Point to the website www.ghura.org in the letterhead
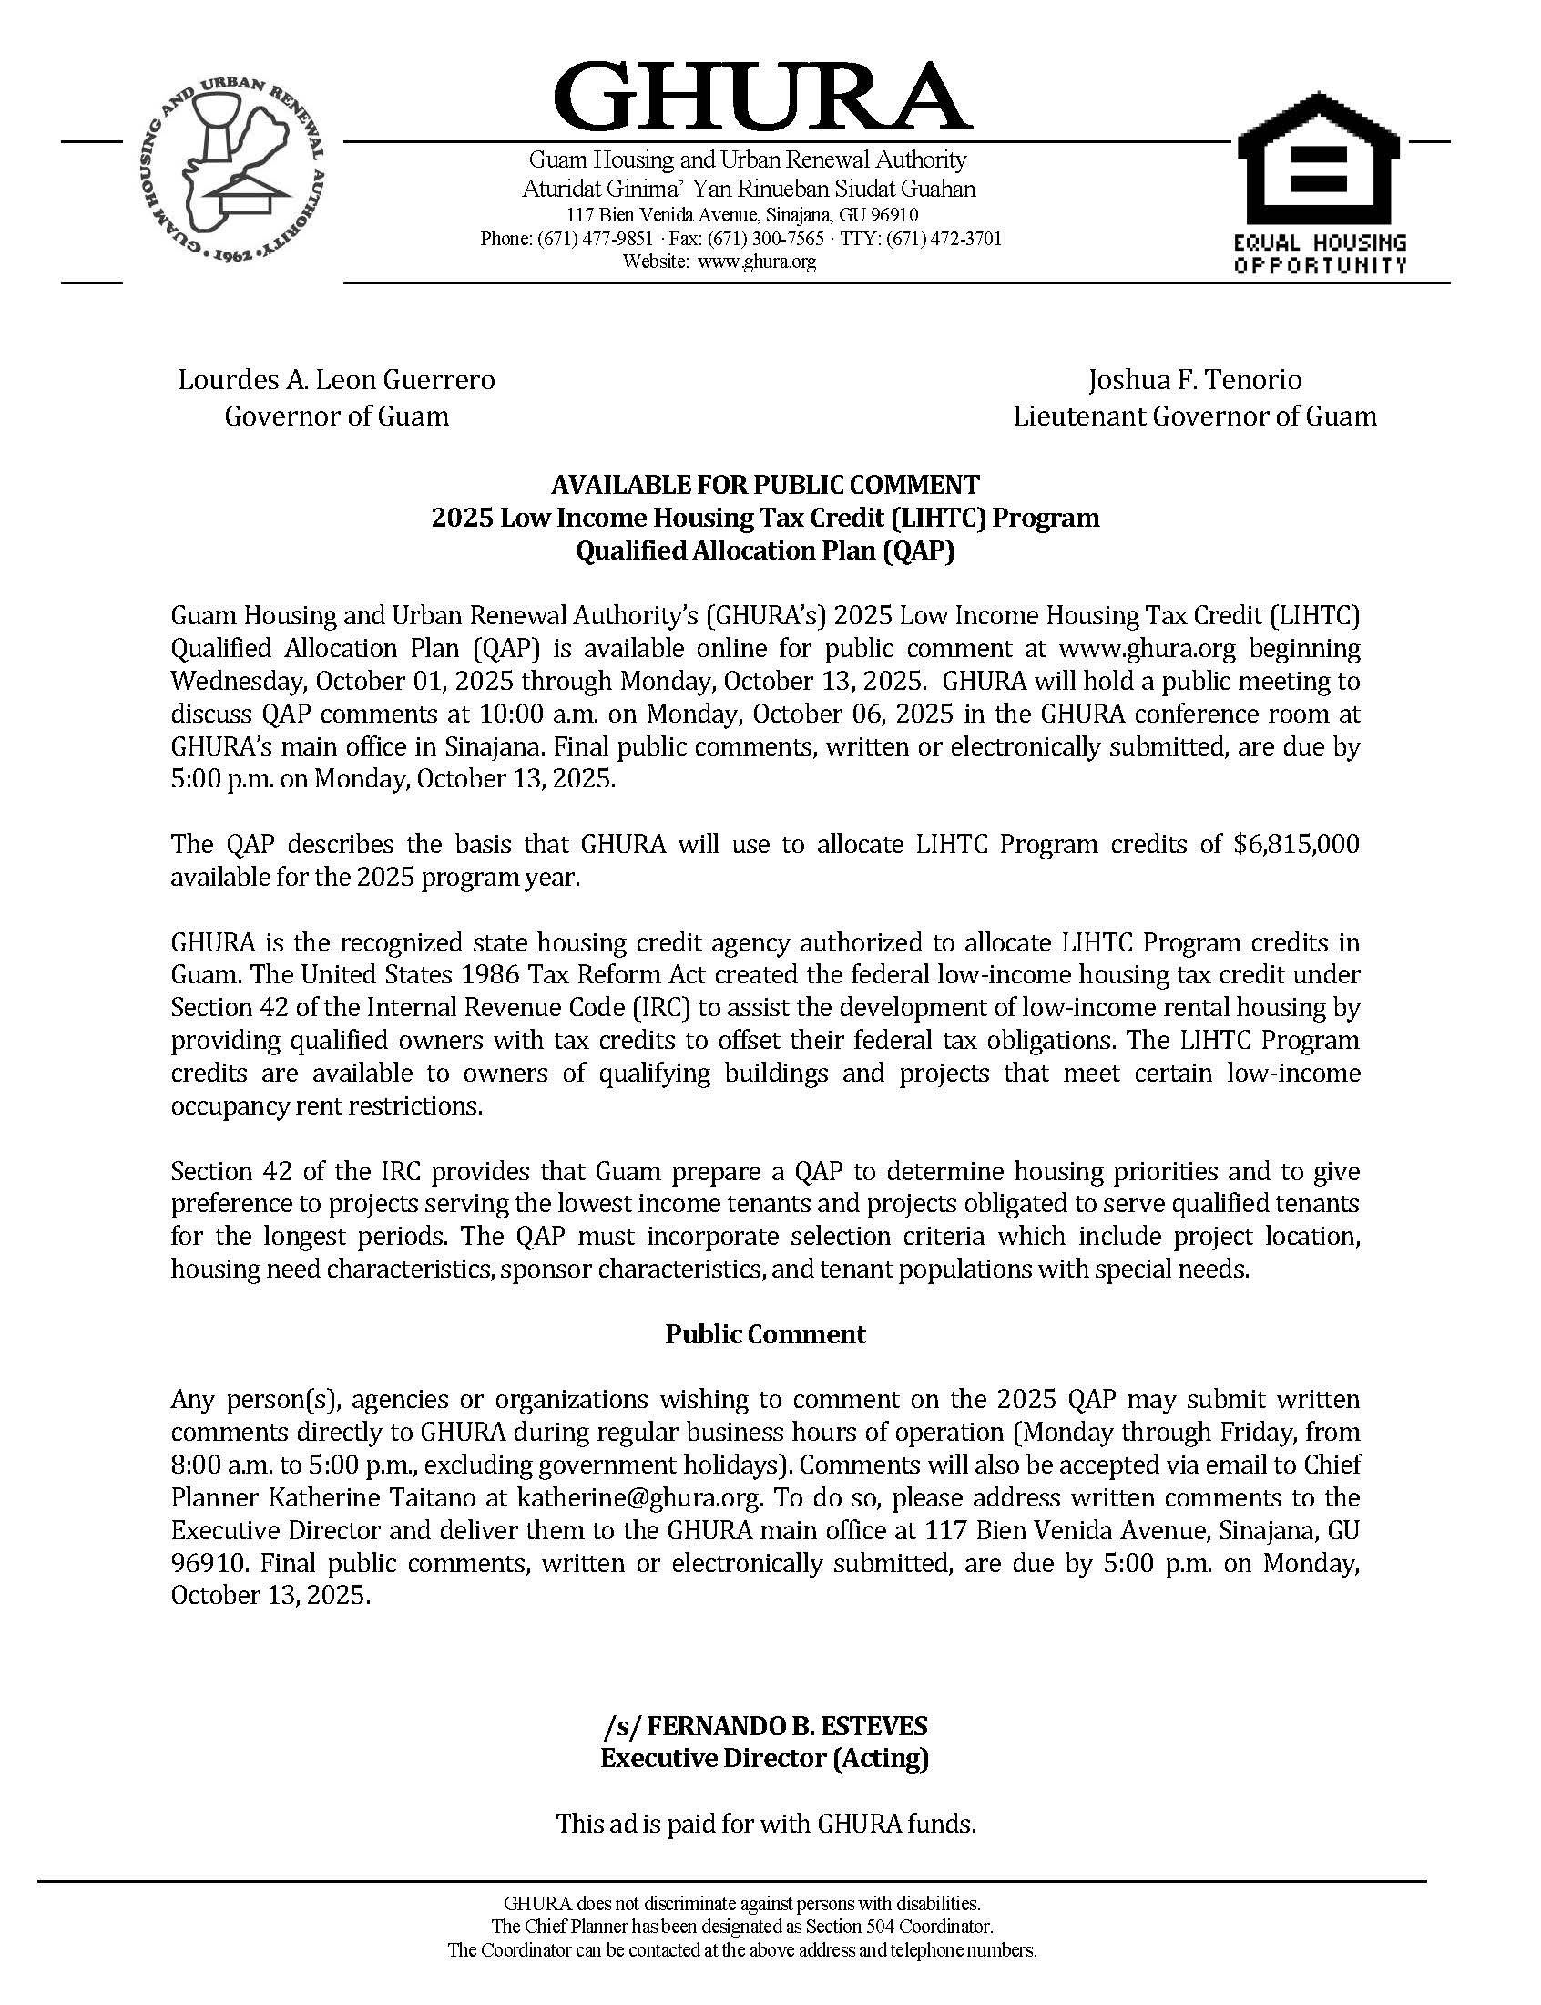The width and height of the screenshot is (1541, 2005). pyautogui.click(x=757, y=262)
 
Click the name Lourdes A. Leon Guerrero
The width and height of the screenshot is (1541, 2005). pyautogui.click(x=337, y=380)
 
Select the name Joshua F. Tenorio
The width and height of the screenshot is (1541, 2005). pyautogui.click(x=1194, y=380)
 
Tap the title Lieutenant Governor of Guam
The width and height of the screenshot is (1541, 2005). pyautogui.click(x=1194, y=416)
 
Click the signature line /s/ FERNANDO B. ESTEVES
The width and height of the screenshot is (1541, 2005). pyautogui.click(x=765, y=1726)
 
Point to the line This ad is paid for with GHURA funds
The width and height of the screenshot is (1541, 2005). pyautogui.click(x=765, y=1824)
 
